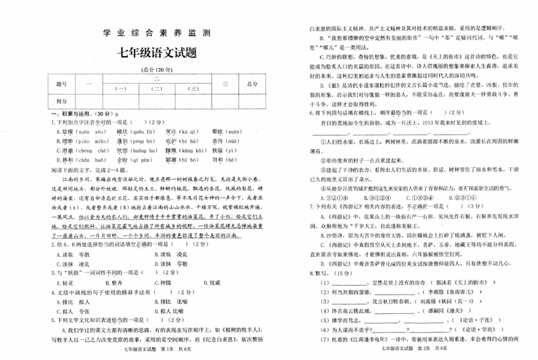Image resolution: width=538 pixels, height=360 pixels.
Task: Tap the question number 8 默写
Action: [317, 273]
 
